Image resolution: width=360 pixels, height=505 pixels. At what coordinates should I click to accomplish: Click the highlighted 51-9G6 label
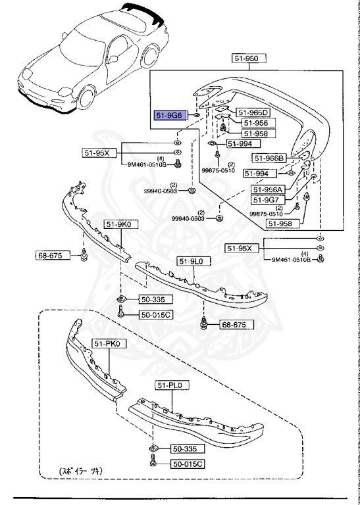pos(170,115)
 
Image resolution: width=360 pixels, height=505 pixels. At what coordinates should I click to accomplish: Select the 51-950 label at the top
pos(249,59)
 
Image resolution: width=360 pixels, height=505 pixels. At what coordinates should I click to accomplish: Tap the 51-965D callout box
pos(253,112)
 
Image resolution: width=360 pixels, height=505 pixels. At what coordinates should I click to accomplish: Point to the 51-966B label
pos(269,158)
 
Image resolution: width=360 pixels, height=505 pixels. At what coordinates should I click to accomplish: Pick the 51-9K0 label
pos(120,224)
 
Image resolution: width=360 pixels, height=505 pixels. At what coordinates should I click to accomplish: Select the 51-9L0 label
pos(193,261)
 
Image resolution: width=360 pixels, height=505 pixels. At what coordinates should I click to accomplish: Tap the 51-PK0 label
pos(109,343)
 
